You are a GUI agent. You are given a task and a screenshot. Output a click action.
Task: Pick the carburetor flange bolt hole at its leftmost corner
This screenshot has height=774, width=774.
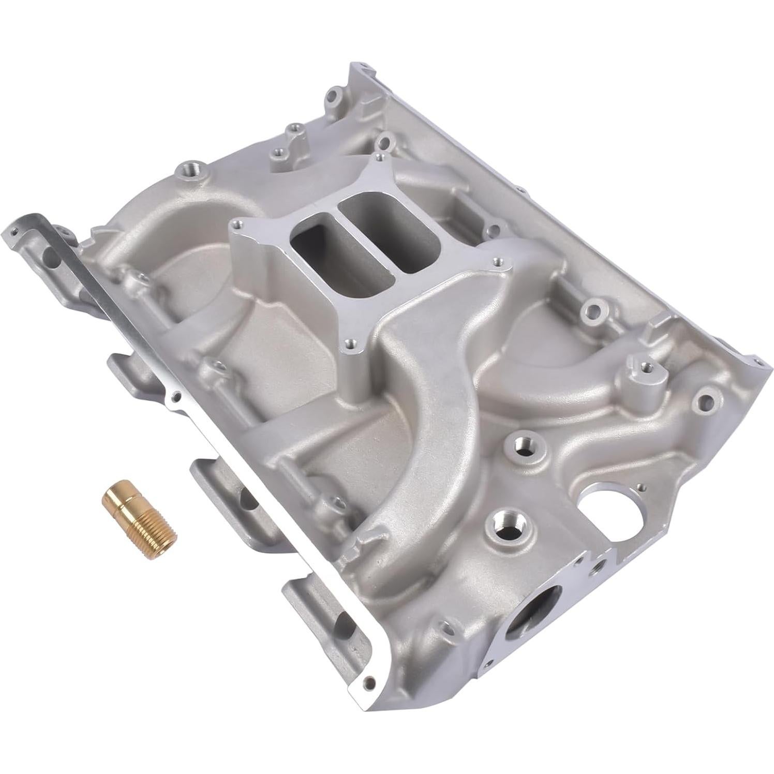[237, 224]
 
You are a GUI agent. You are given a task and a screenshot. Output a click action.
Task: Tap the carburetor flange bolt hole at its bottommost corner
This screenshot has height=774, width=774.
[352, 342]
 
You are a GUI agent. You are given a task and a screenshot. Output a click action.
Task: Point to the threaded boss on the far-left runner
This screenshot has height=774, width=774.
[187, 170]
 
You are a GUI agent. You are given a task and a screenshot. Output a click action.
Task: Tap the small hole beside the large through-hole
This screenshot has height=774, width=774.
[642, 486]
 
